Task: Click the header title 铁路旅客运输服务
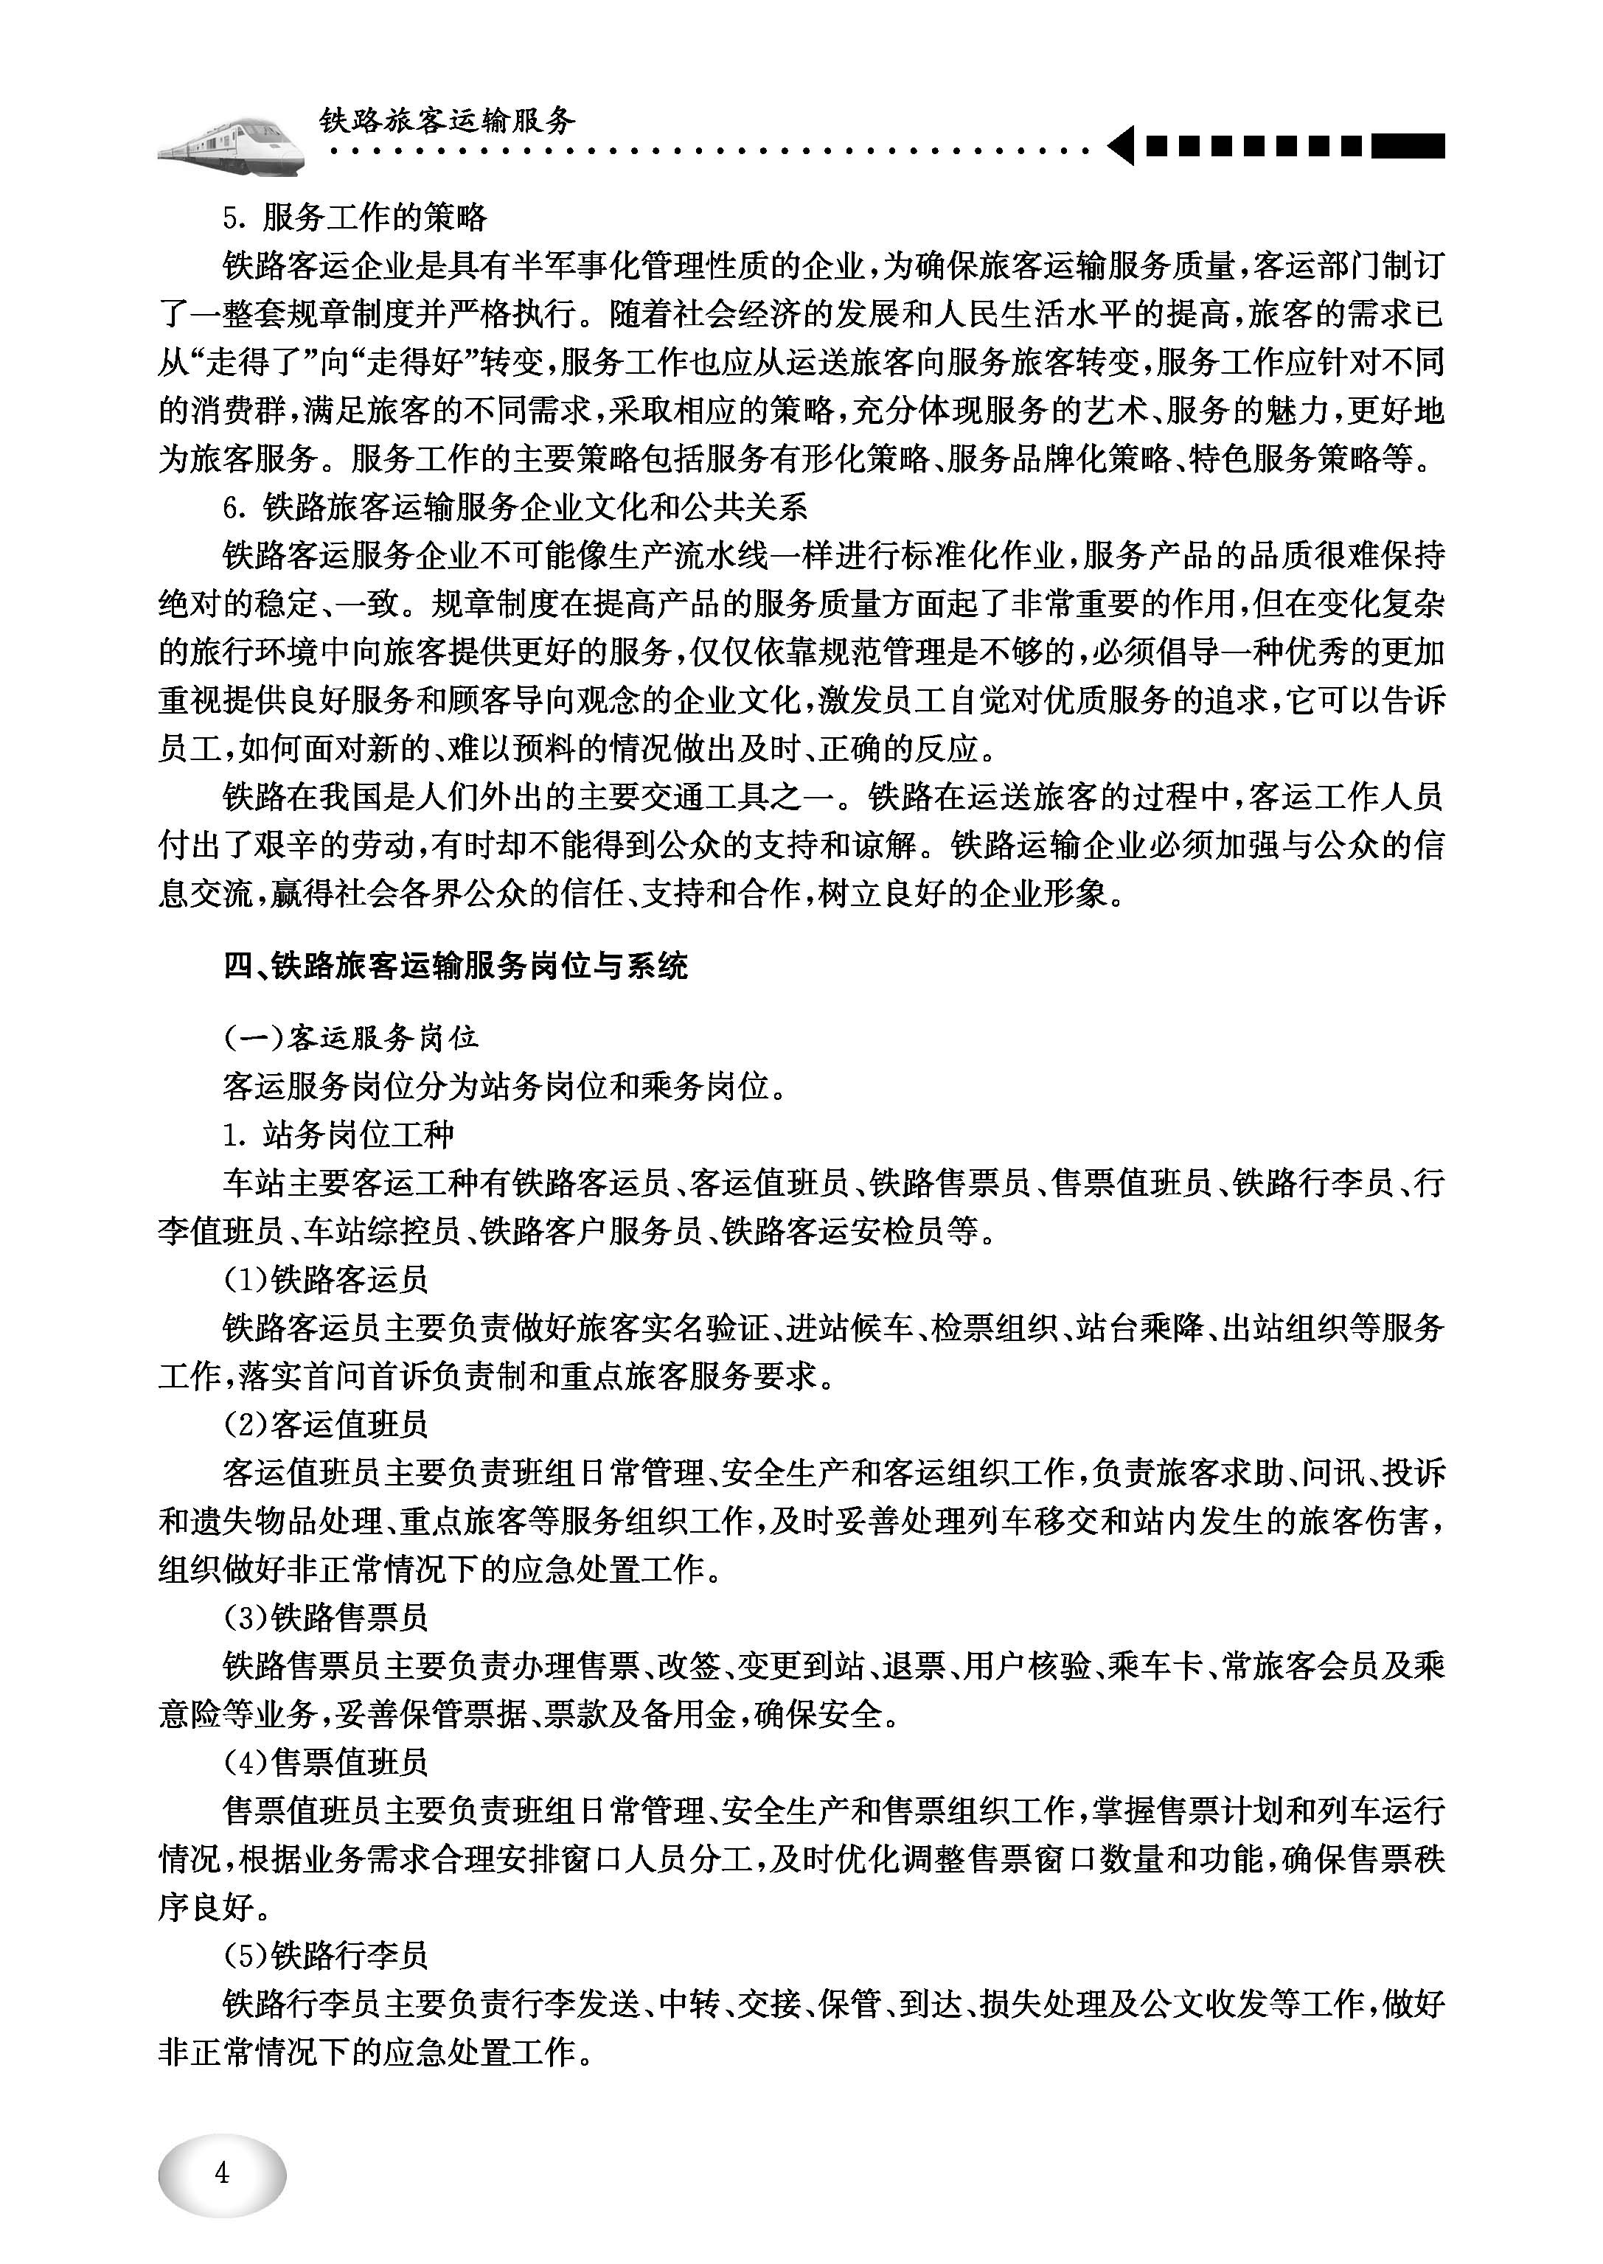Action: click(446, 122)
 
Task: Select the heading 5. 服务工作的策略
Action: click(355, 218)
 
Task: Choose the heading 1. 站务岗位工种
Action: click(338, 1134)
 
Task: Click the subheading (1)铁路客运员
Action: click(326, 1279)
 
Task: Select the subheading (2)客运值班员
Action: click(326, 1424)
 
